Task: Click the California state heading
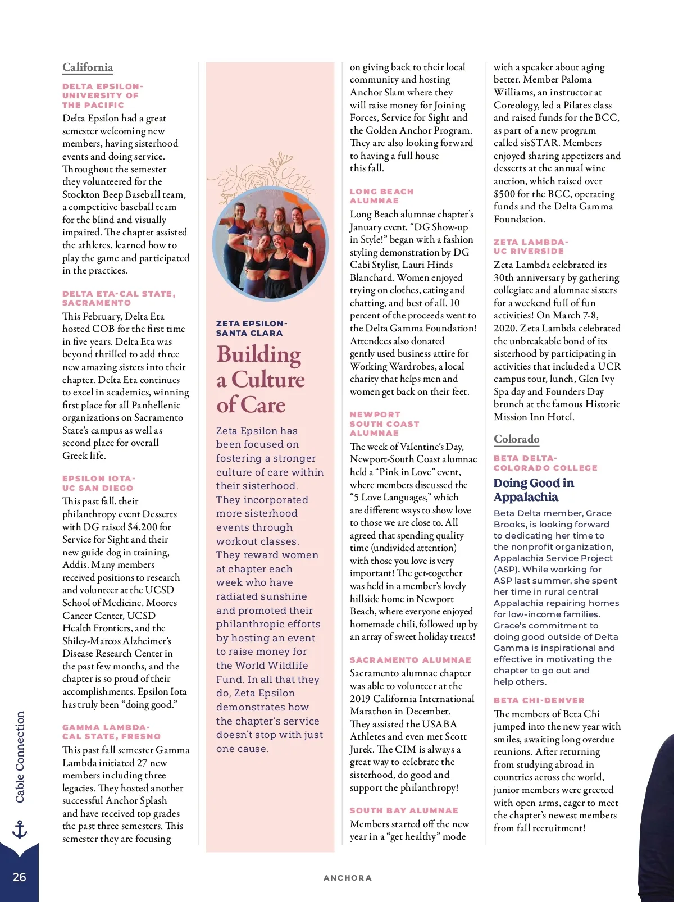pyautogui.click(x=88, y=67)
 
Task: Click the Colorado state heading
pyautogui.click(x=516, y=439)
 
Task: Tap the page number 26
pyautogui.click(x=19, y=877)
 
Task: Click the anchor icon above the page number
pyautogui.click(x=20, y=829)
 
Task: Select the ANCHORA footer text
pyautogui.click(x=347, y=878)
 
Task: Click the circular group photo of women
pyautogui.click(x=270, y=243)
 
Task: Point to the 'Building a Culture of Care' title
pyautogui.click(x=260, y=380)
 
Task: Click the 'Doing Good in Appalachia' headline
pyautogui.click(x=533, y=490)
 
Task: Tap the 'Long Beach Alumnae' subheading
pyautogui.click(x=381, y=196)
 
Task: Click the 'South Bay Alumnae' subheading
pyautogui.click(x=404, y=810)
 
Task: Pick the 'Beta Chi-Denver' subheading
pyautogui.click(x=539, y=700)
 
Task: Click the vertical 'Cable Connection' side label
pyautogui.click(x=20, y=757)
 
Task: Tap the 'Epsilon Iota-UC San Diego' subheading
pyautogui.click(x=98, y=483)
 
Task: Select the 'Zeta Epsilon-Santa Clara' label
pyautogui.click(x=251, y=328)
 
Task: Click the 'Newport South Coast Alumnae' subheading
pyautogui.click(x=384, y=423)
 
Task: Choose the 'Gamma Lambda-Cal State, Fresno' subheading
pyautogui.click(x=111, y=732)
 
